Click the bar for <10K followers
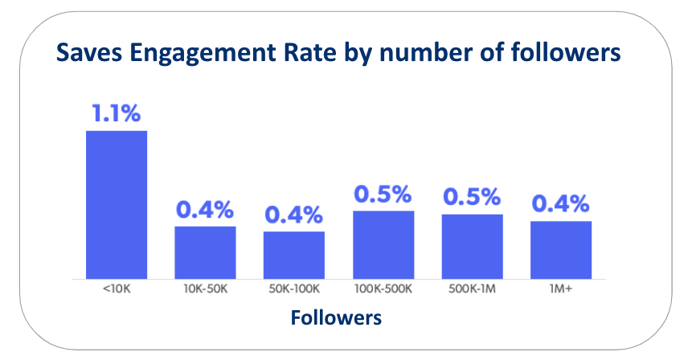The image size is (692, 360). [x=117, y=204]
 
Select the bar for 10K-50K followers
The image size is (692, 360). [x=205, y=252]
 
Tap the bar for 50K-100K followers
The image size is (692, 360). [x=294, y=254]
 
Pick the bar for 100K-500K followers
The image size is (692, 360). [x=383, y=243]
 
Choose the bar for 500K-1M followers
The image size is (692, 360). [x=473, y=245]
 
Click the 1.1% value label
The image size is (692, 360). [x=117, y=114]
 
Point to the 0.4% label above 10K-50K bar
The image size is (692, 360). [x=205, y=210]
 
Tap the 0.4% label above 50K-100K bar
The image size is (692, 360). [x=294, y=215]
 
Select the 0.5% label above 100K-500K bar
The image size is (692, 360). [x=383, y=194]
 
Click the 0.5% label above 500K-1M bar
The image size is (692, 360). [x=473, y=198]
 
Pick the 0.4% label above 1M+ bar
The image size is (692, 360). [x=561, y=204]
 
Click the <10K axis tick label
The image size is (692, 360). [x=117, y=288]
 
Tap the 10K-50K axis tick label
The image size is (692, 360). [x=205, y=288]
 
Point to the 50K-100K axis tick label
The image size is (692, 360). [x=294, y=288]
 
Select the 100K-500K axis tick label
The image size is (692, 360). [x=383, y=288]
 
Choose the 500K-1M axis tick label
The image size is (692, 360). [x=473, y=288]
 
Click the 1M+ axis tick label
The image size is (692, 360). [x=561, y=288]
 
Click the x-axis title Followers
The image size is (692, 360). [x=336, y=317]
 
